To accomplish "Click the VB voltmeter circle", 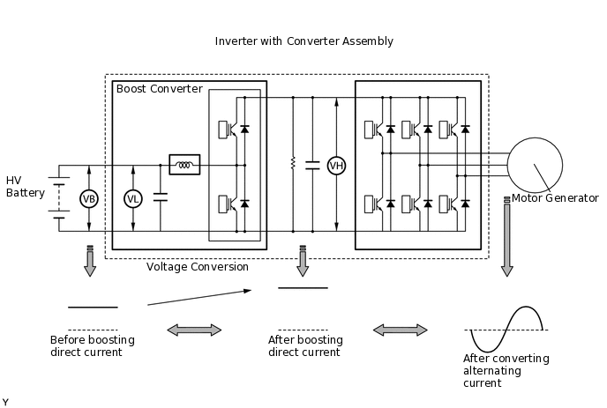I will point(88,199).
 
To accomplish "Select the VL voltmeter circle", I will point(133,199).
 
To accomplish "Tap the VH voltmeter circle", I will point(336,165).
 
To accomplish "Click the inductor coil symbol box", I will point(184,165).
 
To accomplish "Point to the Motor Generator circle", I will point(534,165).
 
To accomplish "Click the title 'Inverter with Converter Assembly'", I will point(303,41).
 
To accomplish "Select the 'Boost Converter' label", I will point(159,89).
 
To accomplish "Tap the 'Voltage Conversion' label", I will point(198,267).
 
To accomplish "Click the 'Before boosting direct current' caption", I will point(86,346).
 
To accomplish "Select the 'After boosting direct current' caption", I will point(305,346).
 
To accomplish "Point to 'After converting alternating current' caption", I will point(506,371).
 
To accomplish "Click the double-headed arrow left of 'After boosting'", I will point(194,330).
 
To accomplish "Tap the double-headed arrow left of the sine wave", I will point(401,330).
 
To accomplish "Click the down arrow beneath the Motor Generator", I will point(506,256).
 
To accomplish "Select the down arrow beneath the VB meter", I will point(88,262).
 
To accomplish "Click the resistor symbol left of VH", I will point(292,165).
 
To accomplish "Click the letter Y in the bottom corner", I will point(5,402).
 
